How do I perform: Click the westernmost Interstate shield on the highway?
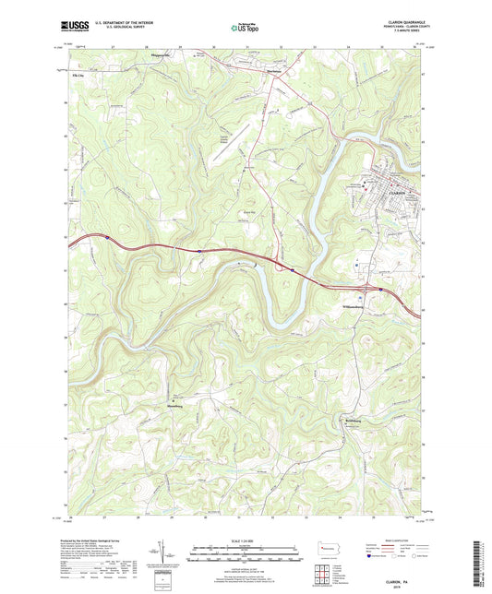click(105, 237)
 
